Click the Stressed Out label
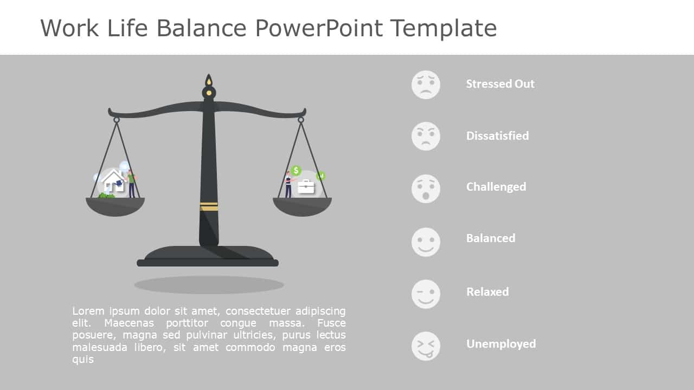pyautogui.click(x=500, y=84)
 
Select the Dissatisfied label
pyautogui.click(x=497, y=136)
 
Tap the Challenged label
pyautogui.click(x=496, y=187)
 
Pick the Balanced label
pyautogui.click(x=490, y=238)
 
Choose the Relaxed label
pyautogui.click(x=487, y=292)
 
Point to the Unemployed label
pyautogui.click(x=500, y=344)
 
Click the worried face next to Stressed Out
pyautogui.click(x=426, y=84)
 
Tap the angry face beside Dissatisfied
pyautogui.click(x=426, y=136)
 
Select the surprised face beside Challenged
pyautogui.click(x=426, y=188)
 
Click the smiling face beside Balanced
pyautogui.click(x=426, y=242)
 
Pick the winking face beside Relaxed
pyautogui.click(x=426, y=294)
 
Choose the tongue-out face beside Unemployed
pyautogui.click(x=426, y=346)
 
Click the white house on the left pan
pyautogui.click(x=113, y=181)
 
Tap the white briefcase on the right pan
pyautogui.click(x=306, y=186)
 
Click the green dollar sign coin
pyautogui.click(x=295, y=171)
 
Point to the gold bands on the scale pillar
pyautogui.click(x=209, y=206)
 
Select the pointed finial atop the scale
pyautogui.click(x=209, y=82)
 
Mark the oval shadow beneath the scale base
pyautogui.click(x=209, y=284)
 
